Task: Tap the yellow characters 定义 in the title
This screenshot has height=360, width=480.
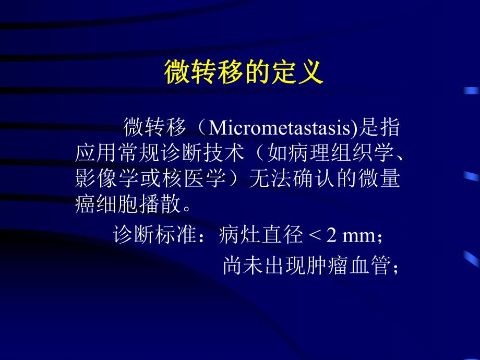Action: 298,73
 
